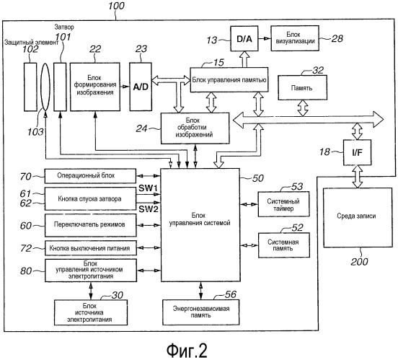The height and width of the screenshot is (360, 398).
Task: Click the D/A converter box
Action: [244, 39]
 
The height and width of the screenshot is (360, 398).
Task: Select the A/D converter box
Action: [141, 87]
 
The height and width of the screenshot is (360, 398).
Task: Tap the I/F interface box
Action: [357, 152]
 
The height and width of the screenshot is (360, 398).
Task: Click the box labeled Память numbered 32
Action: [302, 87]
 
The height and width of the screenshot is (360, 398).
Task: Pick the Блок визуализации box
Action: [295, 38]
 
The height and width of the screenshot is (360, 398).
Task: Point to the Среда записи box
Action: [358, 217]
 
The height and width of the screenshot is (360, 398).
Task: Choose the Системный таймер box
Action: [283, 204]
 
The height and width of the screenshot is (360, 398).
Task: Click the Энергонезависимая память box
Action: [200, 312]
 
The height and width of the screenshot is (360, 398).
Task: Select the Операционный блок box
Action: [90, 176]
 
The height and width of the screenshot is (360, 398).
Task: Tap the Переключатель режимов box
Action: [90, 225]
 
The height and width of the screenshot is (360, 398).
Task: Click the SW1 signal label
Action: [148, 188]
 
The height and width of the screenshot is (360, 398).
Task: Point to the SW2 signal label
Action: [149, 209]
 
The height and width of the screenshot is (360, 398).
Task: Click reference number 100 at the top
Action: [116, 6]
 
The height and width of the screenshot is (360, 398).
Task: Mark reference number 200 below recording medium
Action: [359, 262]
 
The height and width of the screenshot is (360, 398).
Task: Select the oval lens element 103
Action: [45, 87]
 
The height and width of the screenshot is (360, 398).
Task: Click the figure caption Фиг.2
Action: [187, 351]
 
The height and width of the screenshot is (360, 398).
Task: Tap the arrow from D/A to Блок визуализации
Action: [265, 39]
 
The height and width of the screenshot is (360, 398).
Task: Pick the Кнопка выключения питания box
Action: [91, 248]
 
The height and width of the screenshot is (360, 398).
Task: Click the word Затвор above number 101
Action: [64, 27]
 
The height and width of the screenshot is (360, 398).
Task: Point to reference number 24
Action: [141, 128]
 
